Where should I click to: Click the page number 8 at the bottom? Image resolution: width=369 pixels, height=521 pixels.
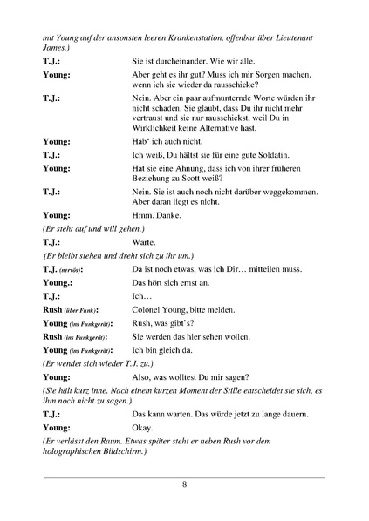pos(184,485)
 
